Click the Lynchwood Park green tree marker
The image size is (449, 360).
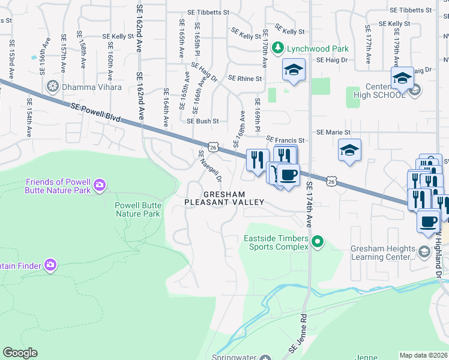[277, 47]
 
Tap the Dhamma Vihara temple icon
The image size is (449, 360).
[53, 87]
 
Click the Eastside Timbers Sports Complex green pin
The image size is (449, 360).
[318, 243]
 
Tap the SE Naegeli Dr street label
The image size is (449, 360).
[210, 166]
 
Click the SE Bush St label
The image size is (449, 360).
[202, 121]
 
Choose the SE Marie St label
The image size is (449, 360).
[333, 132]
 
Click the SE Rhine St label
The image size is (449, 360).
[245, 79]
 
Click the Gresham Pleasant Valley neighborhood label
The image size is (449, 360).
[224, 199]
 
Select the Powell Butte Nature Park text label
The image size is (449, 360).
[138, 209]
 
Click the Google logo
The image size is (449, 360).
[20, 353]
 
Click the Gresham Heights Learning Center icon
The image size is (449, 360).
[424, 251]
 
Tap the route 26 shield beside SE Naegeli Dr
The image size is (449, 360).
[212, 146]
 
